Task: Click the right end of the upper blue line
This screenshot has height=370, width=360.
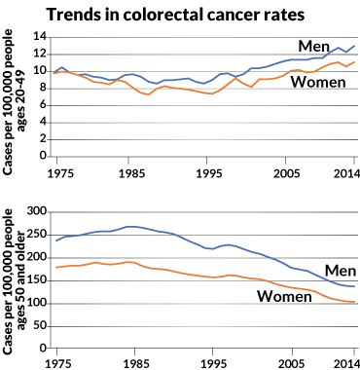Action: click(x=355, y=46)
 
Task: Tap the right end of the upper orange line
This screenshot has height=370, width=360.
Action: click(x=355, y=61)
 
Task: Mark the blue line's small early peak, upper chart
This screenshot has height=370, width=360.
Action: click(x=62, y=67)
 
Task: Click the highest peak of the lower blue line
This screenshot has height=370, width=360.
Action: click(x=132, y=226)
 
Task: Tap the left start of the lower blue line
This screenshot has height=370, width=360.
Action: click(x=55, y=240)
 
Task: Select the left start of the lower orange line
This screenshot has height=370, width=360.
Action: click(x=55, y=267)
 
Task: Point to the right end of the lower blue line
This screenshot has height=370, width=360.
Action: click(x=355, y=286)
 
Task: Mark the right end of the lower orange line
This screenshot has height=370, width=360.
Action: click(x=355, y=303)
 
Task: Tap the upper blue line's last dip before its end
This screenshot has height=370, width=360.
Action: click(x=346, y=52)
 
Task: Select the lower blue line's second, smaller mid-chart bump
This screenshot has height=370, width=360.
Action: click(x=228, y=244)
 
